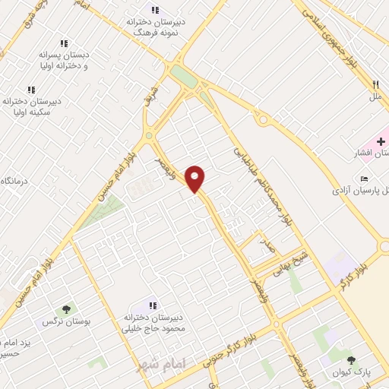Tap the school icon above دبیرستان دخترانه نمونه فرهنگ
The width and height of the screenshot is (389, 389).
coord(156,10)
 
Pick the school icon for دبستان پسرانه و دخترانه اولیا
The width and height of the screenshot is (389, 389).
coord(65,43)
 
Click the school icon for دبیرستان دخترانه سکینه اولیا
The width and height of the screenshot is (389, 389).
coord(31,90)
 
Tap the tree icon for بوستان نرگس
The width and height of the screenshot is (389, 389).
coord(67,309)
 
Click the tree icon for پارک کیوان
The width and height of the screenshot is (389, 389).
coord(350,360)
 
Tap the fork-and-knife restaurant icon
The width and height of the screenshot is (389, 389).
coord(375,85)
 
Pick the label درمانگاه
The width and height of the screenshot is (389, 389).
coord(14,181)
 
